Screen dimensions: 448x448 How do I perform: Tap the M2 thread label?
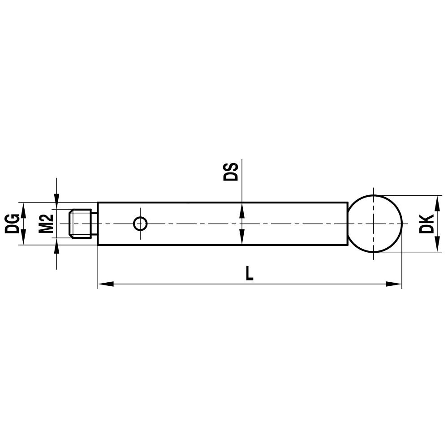46,224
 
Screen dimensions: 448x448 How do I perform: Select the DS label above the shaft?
231,171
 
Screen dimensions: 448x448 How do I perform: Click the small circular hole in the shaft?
141,223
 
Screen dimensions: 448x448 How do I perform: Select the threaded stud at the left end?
80,223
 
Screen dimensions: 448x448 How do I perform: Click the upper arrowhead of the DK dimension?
437,201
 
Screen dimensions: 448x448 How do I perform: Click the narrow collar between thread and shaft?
94,223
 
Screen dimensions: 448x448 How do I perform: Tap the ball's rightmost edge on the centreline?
402,223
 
